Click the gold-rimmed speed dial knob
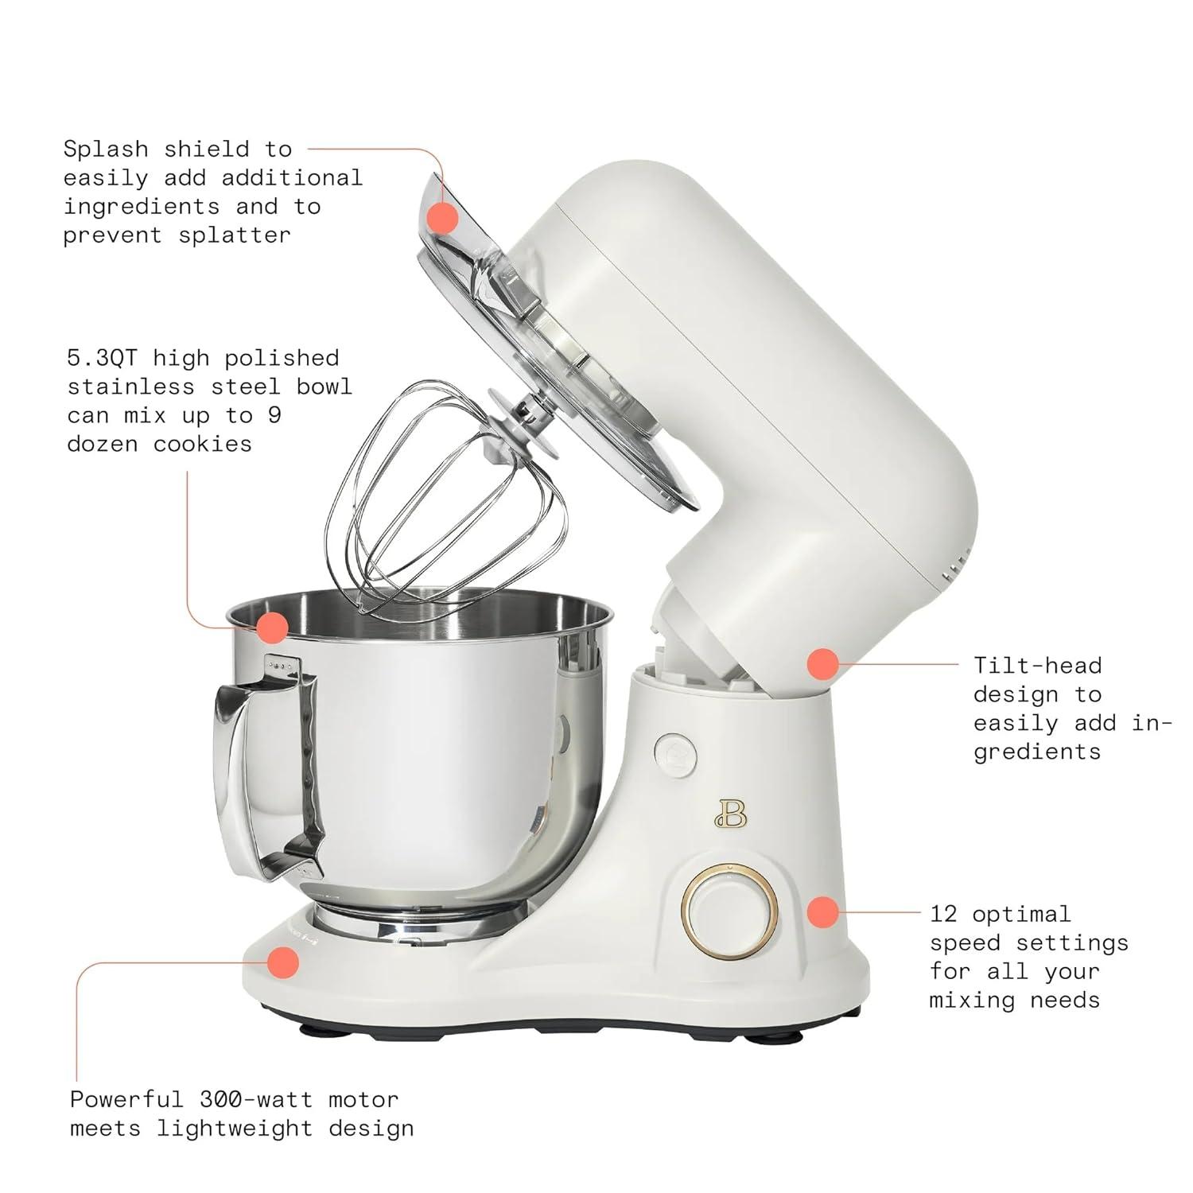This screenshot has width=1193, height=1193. (x=730, y=908)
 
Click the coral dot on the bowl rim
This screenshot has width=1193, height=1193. (x=272, y=628)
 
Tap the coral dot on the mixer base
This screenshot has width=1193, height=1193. (x=282, y=962)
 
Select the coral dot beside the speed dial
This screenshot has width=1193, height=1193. (x=823, y=911)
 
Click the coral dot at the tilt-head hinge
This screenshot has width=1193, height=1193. (x=823, y=663)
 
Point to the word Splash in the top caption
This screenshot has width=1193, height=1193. (x=106, y=150)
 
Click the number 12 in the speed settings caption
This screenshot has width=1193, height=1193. (x=943, y=915)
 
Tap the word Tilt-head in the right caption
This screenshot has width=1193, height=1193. (x=1037, y=666)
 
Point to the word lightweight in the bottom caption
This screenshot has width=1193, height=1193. (x=235, y=1129)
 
